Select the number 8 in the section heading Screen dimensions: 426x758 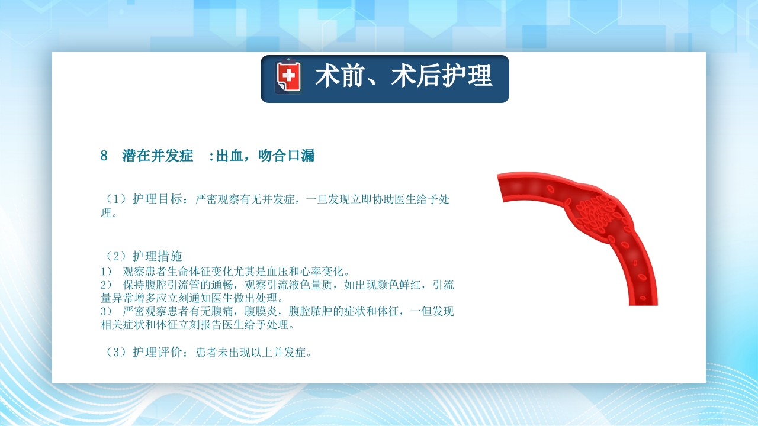(x=104, y=156)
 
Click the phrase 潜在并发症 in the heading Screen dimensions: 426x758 (x=158, y=156)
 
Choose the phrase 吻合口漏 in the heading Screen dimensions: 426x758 (x=287, y=156)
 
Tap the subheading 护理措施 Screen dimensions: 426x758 (x=157, y=256)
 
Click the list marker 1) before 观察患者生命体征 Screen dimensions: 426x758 (x=107, y=272)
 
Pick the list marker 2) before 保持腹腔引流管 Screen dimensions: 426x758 (x=107, y=285)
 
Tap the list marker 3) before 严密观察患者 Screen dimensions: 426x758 (x=107, y=312)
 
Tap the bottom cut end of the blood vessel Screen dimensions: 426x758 (x=643, y=303)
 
